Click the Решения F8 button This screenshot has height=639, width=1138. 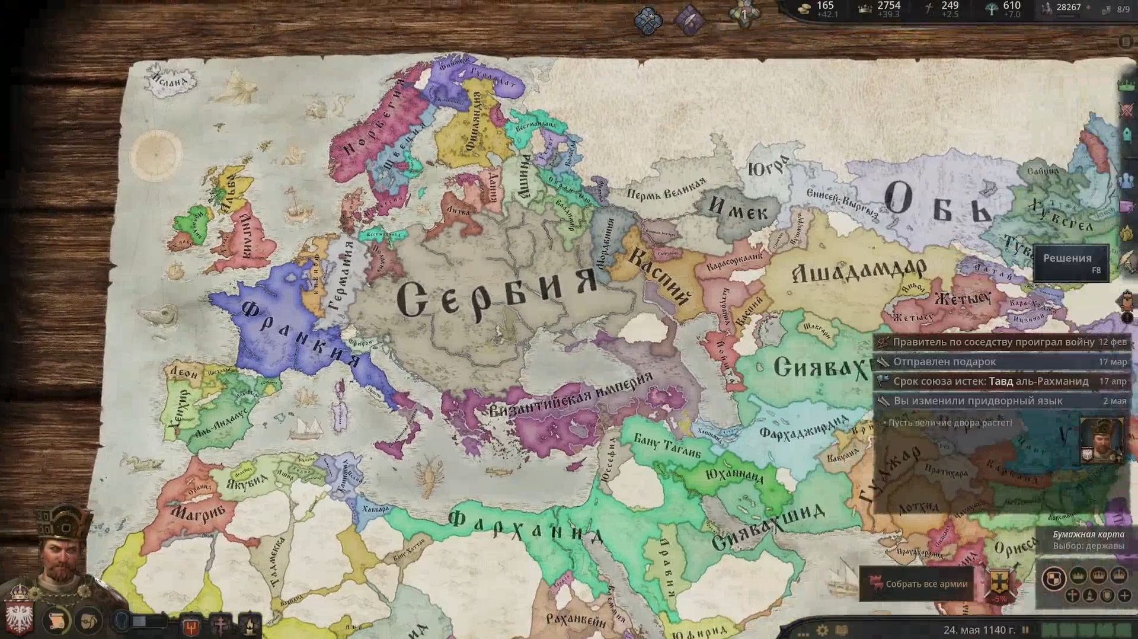[x=1070, y=263]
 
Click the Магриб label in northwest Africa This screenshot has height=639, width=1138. [x=199, y=513]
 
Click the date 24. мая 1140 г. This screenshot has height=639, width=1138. [x=979, y=630]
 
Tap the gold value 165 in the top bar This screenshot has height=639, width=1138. [x=824, y=6]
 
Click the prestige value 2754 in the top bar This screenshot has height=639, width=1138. [x=888, y=6]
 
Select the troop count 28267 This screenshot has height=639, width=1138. [x=1068, y=7]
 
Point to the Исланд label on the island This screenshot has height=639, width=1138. [x=170, y=80]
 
